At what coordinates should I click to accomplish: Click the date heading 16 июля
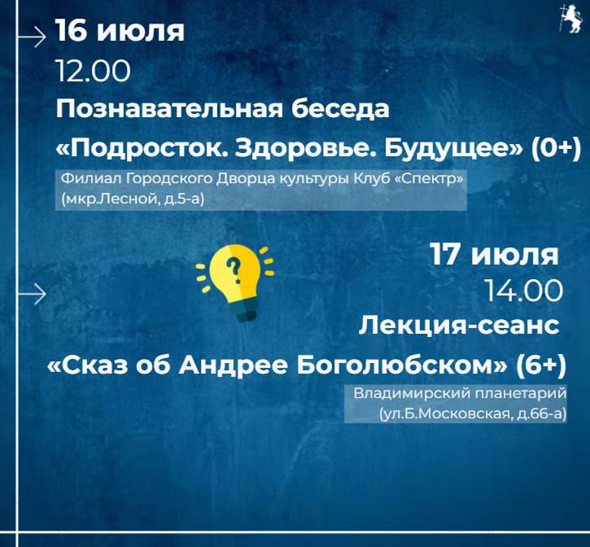pyautogui.click(x=120, y=30)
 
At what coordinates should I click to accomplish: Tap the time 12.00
pyautogui.click(x=94, y=71)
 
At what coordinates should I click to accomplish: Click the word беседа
pyautogui.click(x=340, y=109)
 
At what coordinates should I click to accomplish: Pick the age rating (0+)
pyautogui.click(x=556, y=149)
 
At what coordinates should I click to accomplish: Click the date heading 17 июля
pyautogui.click(x=494, y=255)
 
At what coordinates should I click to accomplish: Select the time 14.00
pyautogui.click(x=523, y=291)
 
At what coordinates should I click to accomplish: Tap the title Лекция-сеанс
pyautogui.click(x=459, y=326)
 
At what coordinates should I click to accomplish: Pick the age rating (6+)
pyautogui.click(x=541, y=365)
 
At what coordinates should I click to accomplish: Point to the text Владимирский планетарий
pyautogui.click(x=460, y=393)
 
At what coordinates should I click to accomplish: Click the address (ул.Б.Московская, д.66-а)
pyautogui.click(x=473, y=414)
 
